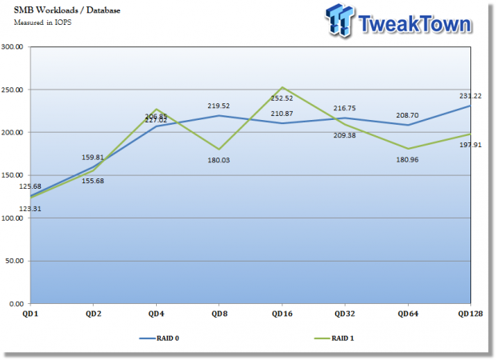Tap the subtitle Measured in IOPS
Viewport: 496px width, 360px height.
click(x=39, y=22)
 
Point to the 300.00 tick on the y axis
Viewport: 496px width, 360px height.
click(x=14, y=46)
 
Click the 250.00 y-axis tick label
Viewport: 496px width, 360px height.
click(x=14, y=90)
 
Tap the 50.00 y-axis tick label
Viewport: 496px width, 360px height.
click(x=15, y=261)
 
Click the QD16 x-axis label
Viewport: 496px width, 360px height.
click(x=281, y=314)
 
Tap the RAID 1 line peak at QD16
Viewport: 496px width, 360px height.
click(x=282, y=87)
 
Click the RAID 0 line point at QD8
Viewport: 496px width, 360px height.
click(x=218, y=116)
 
